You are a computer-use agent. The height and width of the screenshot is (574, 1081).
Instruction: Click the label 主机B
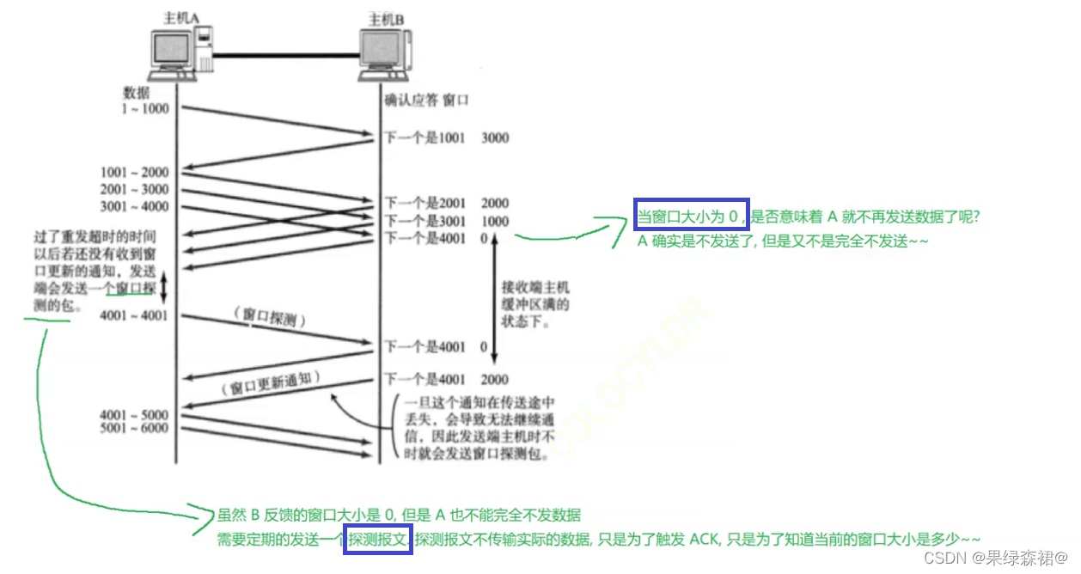point(386,18)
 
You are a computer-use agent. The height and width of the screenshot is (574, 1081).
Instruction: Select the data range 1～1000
point(145,108)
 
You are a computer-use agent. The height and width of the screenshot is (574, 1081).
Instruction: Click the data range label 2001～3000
point(135,190)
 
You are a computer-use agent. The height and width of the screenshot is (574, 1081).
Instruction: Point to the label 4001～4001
point(135,316)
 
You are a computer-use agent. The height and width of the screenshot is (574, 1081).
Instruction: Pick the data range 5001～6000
point(135,429)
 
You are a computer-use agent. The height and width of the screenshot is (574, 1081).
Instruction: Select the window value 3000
point(496,137)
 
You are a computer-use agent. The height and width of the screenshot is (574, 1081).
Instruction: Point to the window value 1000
point(496,221)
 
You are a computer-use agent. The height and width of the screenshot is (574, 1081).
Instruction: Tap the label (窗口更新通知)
point(270,385)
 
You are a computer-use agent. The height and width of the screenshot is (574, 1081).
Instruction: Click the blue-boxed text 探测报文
point(378,539)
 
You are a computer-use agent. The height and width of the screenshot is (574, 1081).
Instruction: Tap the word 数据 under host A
point(137,92)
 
